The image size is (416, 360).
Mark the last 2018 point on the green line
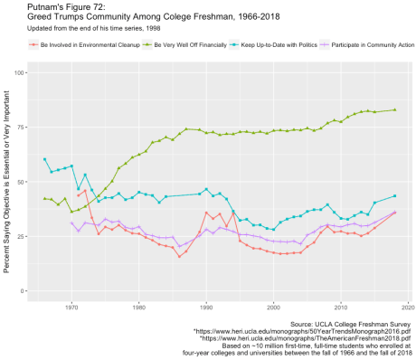point(395,110)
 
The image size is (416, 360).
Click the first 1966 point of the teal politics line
point(44,159)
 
